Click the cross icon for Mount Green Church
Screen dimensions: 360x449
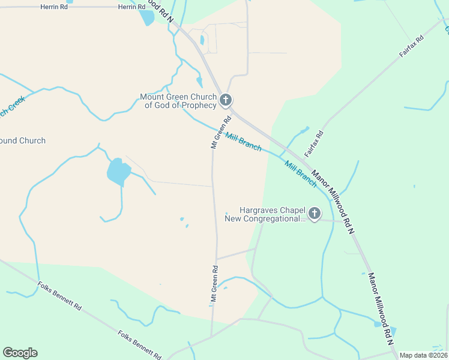pos(226,100)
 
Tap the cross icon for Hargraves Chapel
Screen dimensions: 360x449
pos(314,213)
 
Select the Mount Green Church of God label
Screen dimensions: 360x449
pos(178,101)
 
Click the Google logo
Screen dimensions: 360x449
pos(20,353)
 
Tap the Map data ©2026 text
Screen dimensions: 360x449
pos(423,355)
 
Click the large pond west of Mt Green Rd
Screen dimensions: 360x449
pos(118,172)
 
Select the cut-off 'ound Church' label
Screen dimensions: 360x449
pos(23,141)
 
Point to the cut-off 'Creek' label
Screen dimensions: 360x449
pos(11,106)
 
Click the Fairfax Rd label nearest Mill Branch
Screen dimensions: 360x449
pos(314,143)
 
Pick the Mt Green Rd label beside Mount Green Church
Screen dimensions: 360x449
pos(220,133)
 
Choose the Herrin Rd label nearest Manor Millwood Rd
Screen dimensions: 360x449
pos(131,7)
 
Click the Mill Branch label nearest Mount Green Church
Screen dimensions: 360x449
pos(243,142)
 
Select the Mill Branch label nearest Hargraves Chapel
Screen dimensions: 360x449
pos(300,174)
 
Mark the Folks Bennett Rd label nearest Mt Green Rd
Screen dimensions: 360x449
pos(140,345)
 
